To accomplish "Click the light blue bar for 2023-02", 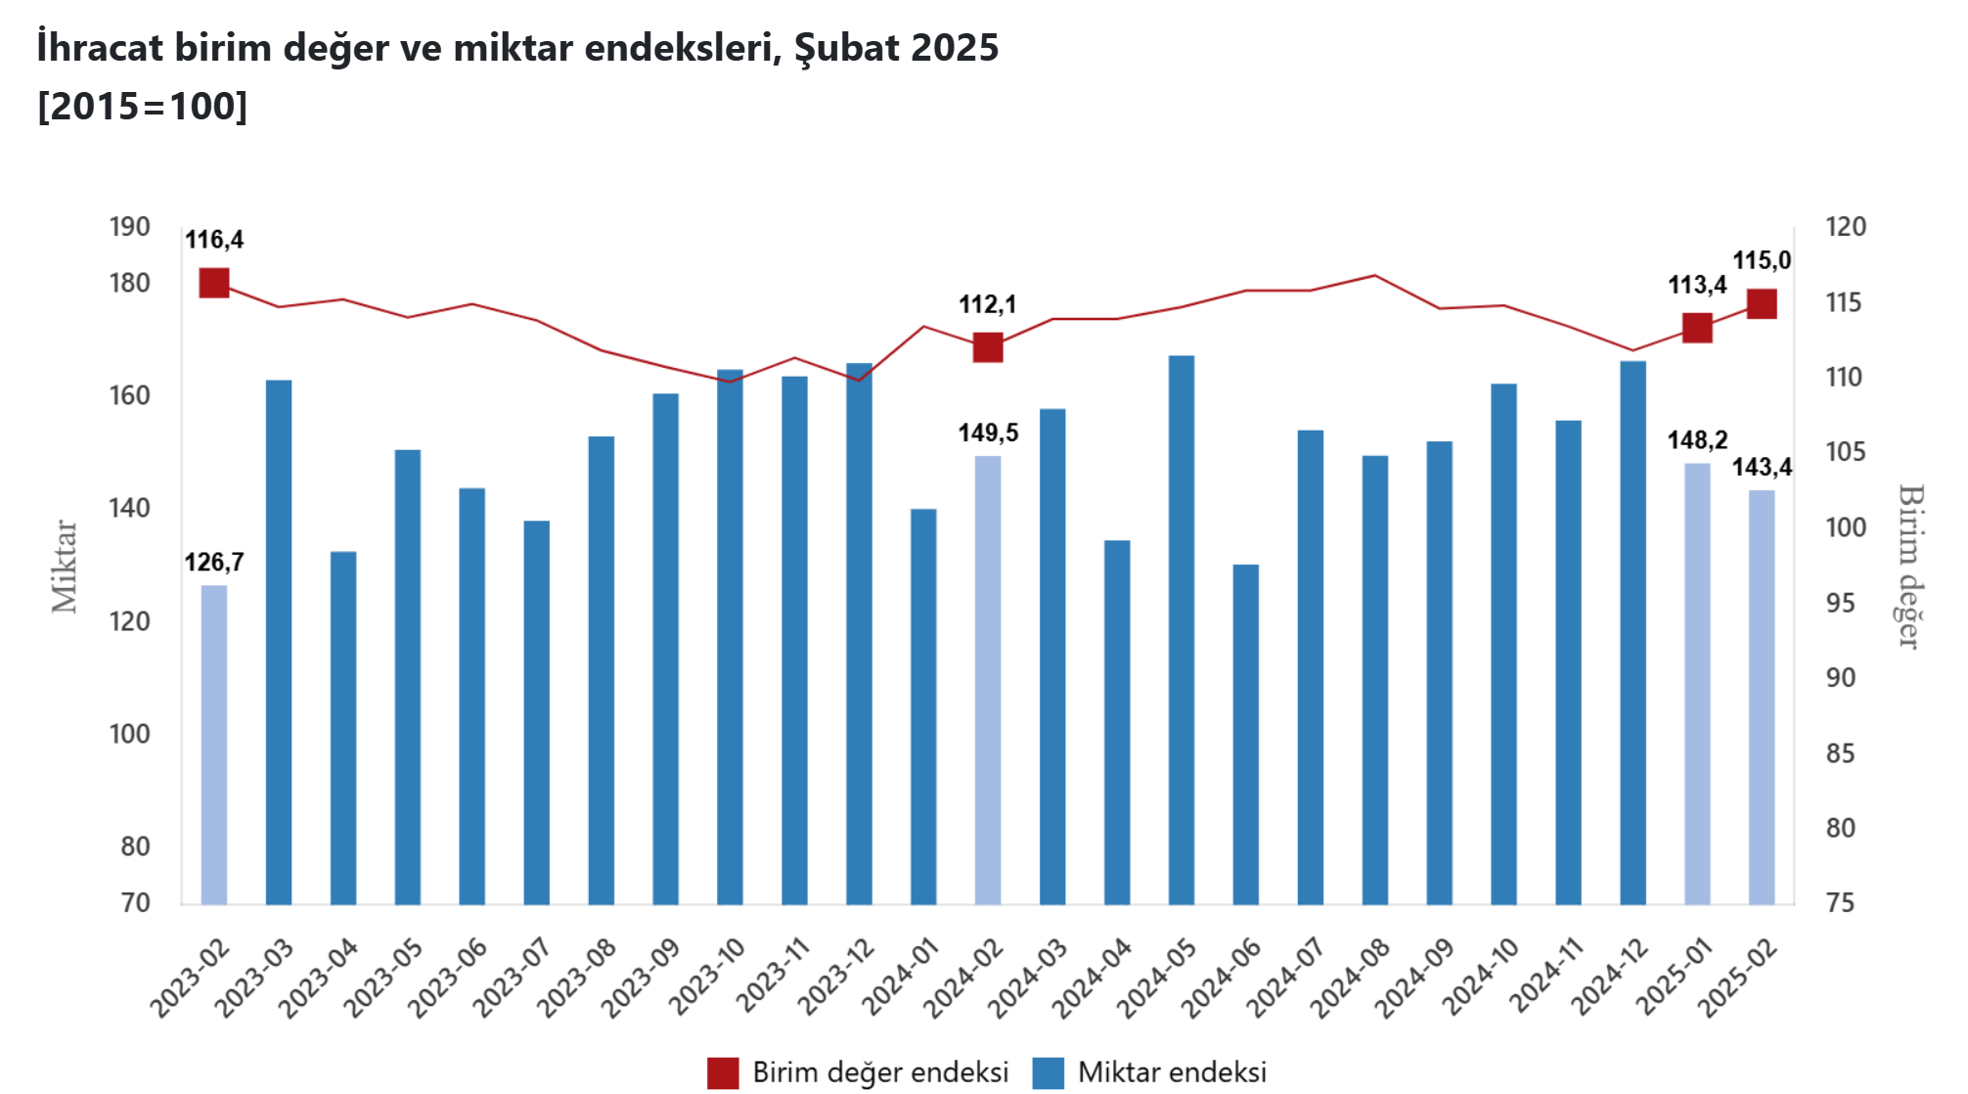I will (214, 744).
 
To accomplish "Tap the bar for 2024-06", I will (1245, 734).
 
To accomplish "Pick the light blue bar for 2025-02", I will (1762, 697).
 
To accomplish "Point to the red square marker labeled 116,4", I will (214, 283).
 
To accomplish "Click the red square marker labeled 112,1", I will (988, 347).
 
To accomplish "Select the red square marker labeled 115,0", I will (1762, 304).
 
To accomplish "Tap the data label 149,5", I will (988, 433).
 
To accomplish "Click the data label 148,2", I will (1697, 440).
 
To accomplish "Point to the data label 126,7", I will (214, 563).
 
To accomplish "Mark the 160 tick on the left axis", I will (129, 395).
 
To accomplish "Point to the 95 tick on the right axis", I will (1840, 603).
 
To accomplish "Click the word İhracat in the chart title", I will (100, 47).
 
